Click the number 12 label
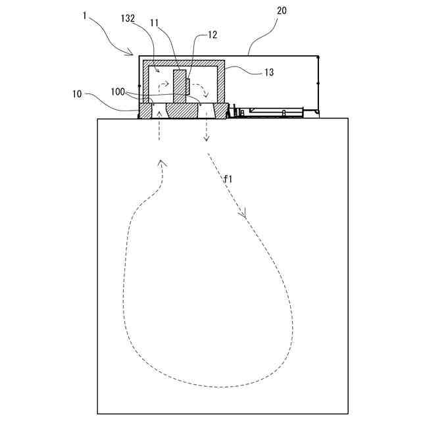212,34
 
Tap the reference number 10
77,94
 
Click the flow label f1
228,179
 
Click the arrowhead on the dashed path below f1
243,213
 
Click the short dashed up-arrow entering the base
159,125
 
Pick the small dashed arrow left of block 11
162,87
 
